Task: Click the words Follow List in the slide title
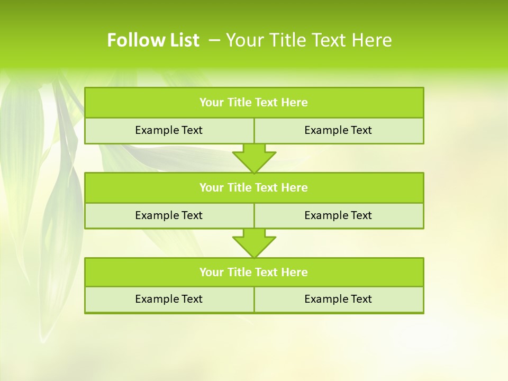click(x=153, y=40)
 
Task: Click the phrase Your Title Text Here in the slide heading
click(x=309, y=40)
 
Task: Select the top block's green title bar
click(x=254, y=103)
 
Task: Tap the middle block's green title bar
click(x=254, y=187)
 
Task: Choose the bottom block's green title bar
click(x=254, y=272)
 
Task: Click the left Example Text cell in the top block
click(x=169, y=130)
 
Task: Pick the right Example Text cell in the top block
click(x=338, y=130)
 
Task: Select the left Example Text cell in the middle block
click(x=169, y=215)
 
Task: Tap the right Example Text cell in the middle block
click(x=338, y=215)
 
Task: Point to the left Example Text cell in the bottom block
click(x=169, y=299)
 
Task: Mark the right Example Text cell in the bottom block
click(x=338, y=299)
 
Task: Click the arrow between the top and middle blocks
click(x=254, y=158)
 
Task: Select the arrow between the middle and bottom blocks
click(x=254, y=242)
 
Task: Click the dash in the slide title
click(x=214, y=40)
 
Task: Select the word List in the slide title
click(x=182, y=40)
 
